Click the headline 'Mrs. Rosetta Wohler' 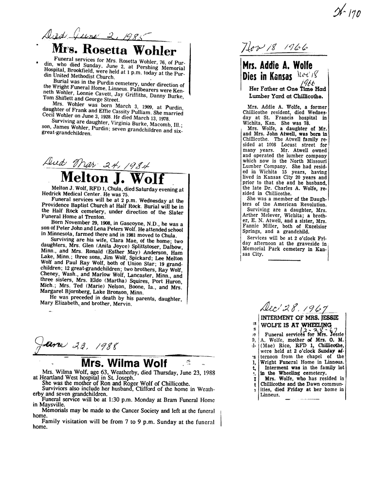point(114,51)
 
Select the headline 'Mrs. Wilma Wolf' point(124,363)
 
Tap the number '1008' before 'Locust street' point(271,145)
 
